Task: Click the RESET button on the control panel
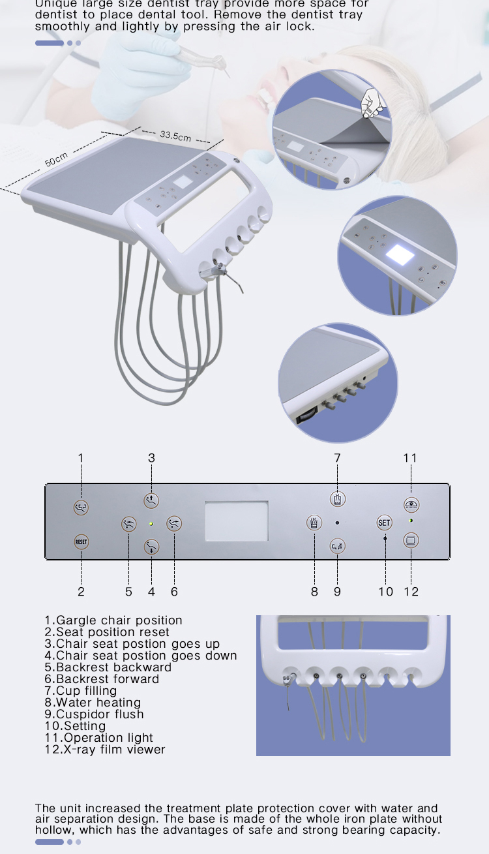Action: pos(81,541)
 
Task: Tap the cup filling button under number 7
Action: pos(337,499)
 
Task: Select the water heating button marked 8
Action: pos(314,523)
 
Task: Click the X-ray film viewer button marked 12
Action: pos(411,540)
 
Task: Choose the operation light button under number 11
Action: pos(411,504)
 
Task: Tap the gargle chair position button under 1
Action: pos(81,507)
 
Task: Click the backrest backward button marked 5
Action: pos(128,523)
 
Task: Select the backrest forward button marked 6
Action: pos(174,523)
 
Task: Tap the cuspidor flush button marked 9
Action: pos(337,545)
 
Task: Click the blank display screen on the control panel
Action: pos(236,521)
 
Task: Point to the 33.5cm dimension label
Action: pos(175,136)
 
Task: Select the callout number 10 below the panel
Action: pos(385,592)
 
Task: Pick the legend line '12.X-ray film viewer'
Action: pos(104,750)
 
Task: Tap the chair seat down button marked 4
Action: pos(151,546)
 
